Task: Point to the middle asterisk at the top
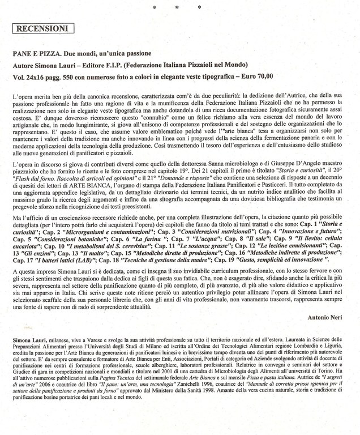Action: click(x=177, y=7)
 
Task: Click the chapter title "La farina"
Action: click(x=131, y=240)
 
